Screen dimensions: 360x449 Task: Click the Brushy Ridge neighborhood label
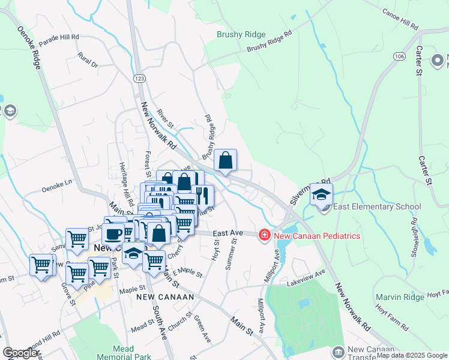(241, 34)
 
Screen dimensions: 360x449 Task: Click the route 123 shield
(139, 79)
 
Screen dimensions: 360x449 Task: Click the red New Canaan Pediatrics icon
(264, 235)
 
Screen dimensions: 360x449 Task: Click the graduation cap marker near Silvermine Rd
(321, 194)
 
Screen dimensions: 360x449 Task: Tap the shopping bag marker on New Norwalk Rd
(225, 161)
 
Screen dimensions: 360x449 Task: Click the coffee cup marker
(113, 233)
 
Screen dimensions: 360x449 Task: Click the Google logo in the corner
(20, 353)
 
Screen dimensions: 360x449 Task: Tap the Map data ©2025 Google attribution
(411, 355)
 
